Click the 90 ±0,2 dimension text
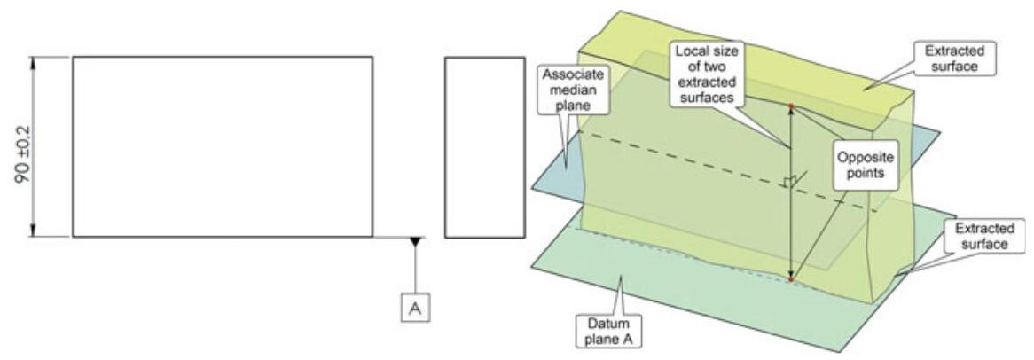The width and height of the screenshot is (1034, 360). pos(19,147)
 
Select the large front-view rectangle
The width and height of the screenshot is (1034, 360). pos(222,146)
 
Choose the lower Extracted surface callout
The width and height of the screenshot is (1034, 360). pos(980,236)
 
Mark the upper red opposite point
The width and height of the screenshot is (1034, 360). pos(790,106)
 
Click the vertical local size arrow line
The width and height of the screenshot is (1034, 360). pos(790,222)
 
